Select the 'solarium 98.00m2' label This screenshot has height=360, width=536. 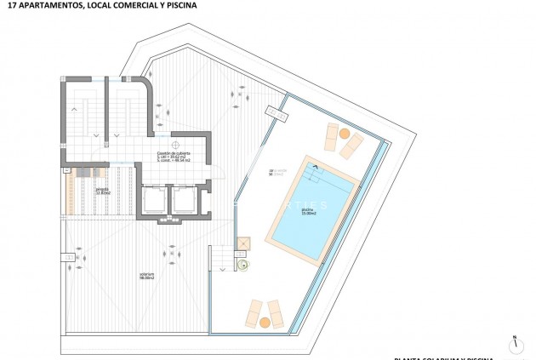click(x=147, y=276)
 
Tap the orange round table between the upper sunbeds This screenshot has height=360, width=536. click(x=345, y=134)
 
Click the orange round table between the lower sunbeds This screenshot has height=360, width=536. click(x=265, y=322)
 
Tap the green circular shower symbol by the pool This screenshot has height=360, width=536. click(x=243, y=265)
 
